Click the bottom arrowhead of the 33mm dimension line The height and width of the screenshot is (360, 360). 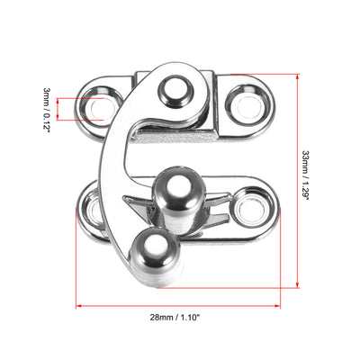coord(296,286)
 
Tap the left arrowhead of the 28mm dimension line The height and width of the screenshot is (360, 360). coord(78,305)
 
